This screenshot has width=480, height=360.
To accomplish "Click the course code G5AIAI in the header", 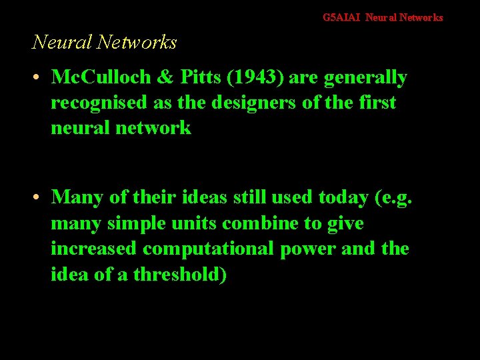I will coord(341,18).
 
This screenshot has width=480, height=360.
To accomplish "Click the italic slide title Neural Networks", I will coord(105,43).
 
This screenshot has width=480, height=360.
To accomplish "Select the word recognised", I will coord(95,103).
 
